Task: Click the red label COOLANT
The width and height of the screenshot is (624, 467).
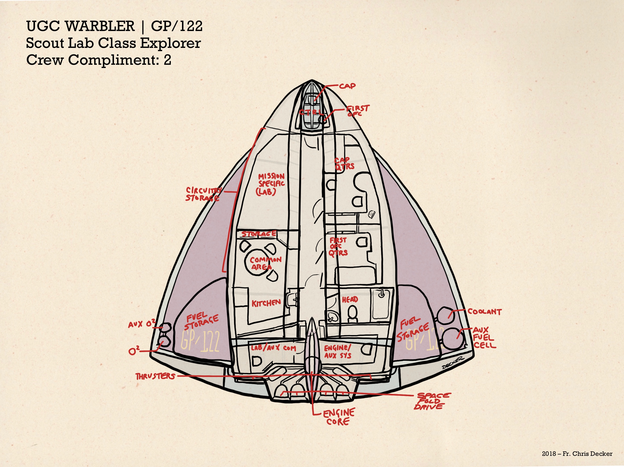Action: pyautogui.click(x=484, y=311)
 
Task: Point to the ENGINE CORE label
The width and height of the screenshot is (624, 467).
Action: pyautogui.click(x=338, y=417)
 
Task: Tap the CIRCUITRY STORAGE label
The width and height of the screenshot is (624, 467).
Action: pyautogui.click(x=203, y=194)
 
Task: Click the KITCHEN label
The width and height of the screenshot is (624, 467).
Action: pyautogui.click(x=266, y=303)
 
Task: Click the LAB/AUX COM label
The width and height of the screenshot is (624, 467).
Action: pyautogui.click(x=273, y=348)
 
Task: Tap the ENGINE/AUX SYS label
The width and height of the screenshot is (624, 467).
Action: pyautogui.click(x=338, y=352)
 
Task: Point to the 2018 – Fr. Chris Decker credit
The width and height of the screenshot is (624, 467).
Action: pyautogui.click(x=577, y=454)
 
